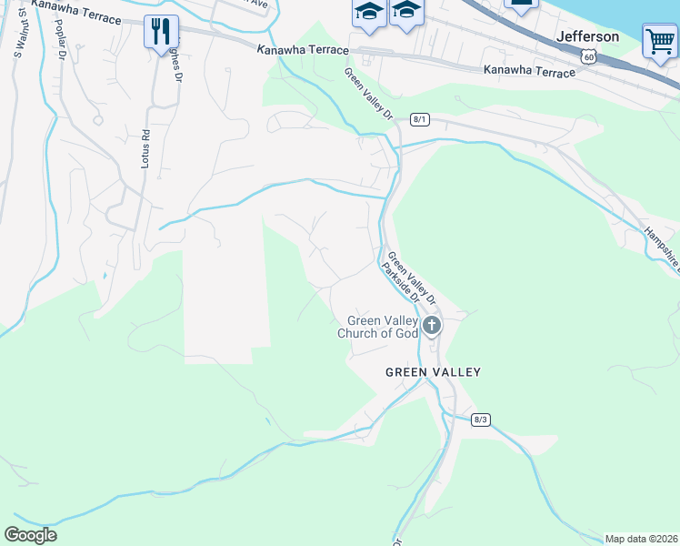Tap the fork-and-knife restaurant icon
click(x=161, y=32)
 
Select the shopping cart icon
click(x=659, y=41)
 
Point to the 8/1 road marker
click(x=419, y=119)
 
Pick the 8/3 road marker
click(x=481, y=419)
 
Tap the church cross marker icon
click(x=432, y=325)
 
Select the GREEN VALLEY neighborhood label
click(x=433, y=372)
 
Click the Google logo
click(x=30, y=535)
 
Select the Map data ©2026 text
click(x=641, y=539)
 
